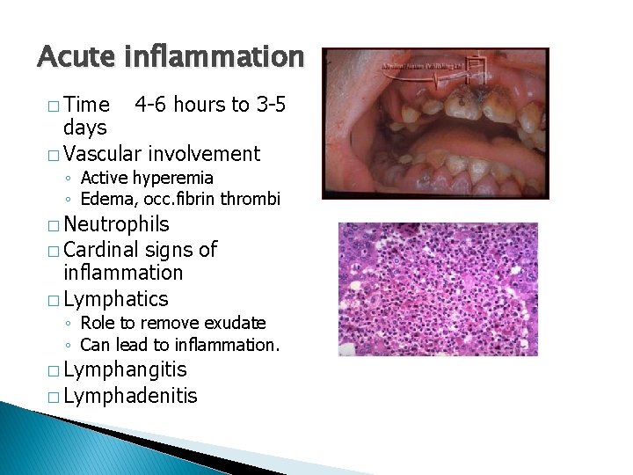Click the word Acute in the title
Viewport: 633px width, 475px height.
pos(76,57)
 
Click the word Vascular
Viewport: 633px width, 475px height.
pos(105,154)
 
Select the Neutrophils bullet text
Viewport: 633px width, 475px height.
pos(117,225)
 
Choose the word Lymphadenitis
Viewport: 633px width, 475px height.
pos(131,396)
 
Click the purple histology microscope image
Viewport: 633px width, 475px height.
pos(438,289)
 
